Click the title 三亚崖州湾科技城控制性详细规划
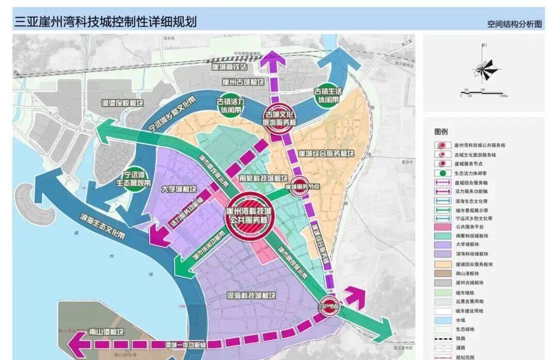point(105,22)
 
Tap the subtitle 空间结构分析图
point(514,24)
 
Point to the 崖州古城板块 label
point(242,82)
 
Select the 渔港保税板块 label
point(122,103)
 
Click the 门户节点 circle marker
point(329,306)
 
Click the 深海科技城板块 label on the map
point(251,296)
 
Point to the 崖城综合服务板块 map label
point(326,154)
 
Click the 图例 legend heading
point(441,132)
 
